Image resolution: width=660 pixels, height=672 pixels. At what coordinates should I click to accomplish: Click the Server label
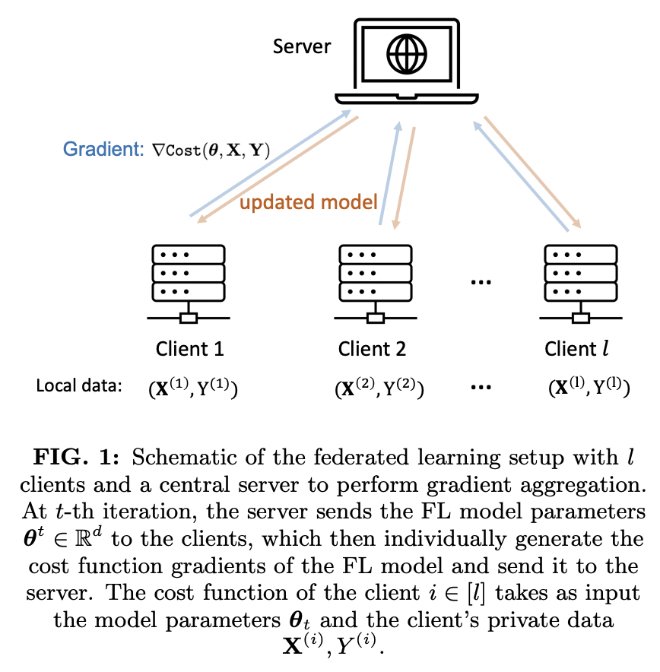(x=302, y=46)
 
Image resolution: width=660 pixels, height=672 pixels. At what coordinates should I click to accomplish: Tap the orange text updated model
(x=309, y=202)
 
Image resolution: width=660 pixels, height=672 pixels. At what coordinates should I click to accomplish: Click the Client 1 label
(x=189, y=349)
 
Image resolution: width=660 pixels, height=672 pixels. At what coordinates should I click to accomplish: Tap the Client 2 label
(x=372, y=349)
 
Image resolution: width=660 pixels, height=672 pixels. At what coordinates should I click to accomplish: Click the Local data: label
(x=79, y=385)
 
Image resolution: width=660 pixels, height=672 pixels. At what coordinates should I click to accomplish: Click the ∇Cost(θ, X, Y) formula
(x=208, y=150)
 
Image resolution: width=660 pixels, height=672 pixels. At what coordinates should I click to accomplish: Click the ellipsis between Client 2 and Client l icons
(x=481, y=282)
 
